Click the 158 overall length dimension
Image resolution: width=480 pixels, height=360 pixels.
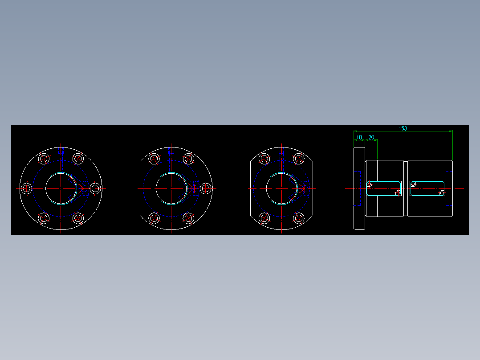pos(403,128)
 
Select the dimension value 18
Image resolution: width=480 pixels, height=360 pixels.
pos(359,138)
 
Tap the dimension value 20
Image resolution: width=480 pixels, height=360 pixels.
pos(371,138)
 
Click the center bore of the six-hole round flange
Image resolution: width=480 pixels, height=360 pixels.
pos(61,188)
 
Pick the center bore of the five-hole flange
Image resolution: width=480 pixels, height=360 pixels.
pos(171,188)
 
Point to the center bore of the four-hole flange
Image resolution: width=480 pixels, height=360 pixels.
pos(282,188)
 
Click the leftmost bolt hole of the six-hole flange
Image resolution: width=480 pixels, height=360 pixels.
pos(27,188)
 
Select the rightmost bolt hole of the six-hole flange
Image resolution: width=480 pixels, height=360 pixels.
pos(95,188)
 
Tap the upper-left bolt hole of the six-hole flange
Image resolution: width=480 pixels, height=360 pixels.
pos(44,159)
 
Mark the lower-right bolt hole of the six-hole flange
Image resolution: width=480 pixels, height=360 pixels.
pos(78,218)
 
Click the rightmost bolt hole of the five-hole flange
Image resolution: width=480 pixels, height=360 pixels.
pos(205,188)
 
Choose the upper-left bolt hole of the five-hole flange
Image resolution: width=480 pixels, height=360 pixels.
pos(154,159)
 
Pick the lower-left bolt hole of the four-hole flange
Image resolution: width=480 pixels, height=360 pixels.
pos(264,218)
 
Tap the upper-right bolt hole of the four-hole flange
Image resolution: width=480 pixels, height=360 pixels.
pos(299,159)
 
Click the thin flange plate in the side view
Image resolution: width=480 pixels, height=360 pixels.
pos(359,188)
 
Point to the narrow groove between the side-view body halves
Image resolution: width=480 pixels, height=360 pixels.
pos(406,188)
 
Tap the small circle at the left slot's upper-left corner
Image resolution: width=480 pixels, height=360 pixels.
pos(369,184)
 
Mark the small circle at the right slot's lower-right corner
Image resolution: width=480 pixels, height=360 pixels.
pos(442,193)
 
